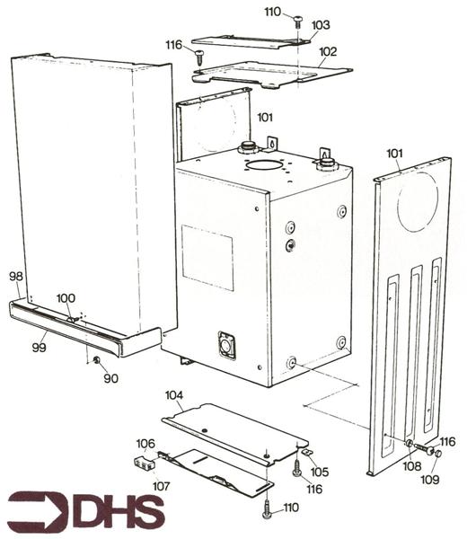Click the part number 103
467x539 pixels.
tap(321, 26)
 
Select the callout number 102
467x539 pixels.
tap(328, 52)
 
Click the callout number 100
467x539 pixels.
tap(66, 298)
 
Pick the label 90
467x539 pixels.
tap(110, 378)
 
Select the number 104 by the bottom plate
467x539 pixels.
tap(174, 395)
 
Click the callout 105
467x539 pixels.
tap(320, 472)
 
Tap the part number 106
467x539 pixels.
tap(145, 443)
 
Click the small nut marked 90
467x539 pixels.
tap(95, 360)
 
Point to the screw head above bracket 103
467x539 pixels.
tap(296, 20)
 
